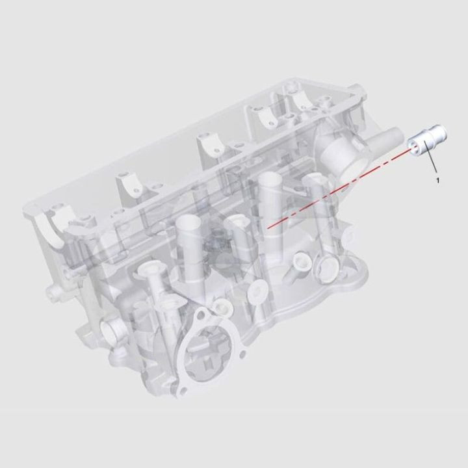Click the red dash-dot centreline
(x=338, y=188)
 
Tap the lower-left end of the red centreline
(x=266, y=227)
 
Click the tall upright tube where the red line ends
(x=268, y=195)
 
